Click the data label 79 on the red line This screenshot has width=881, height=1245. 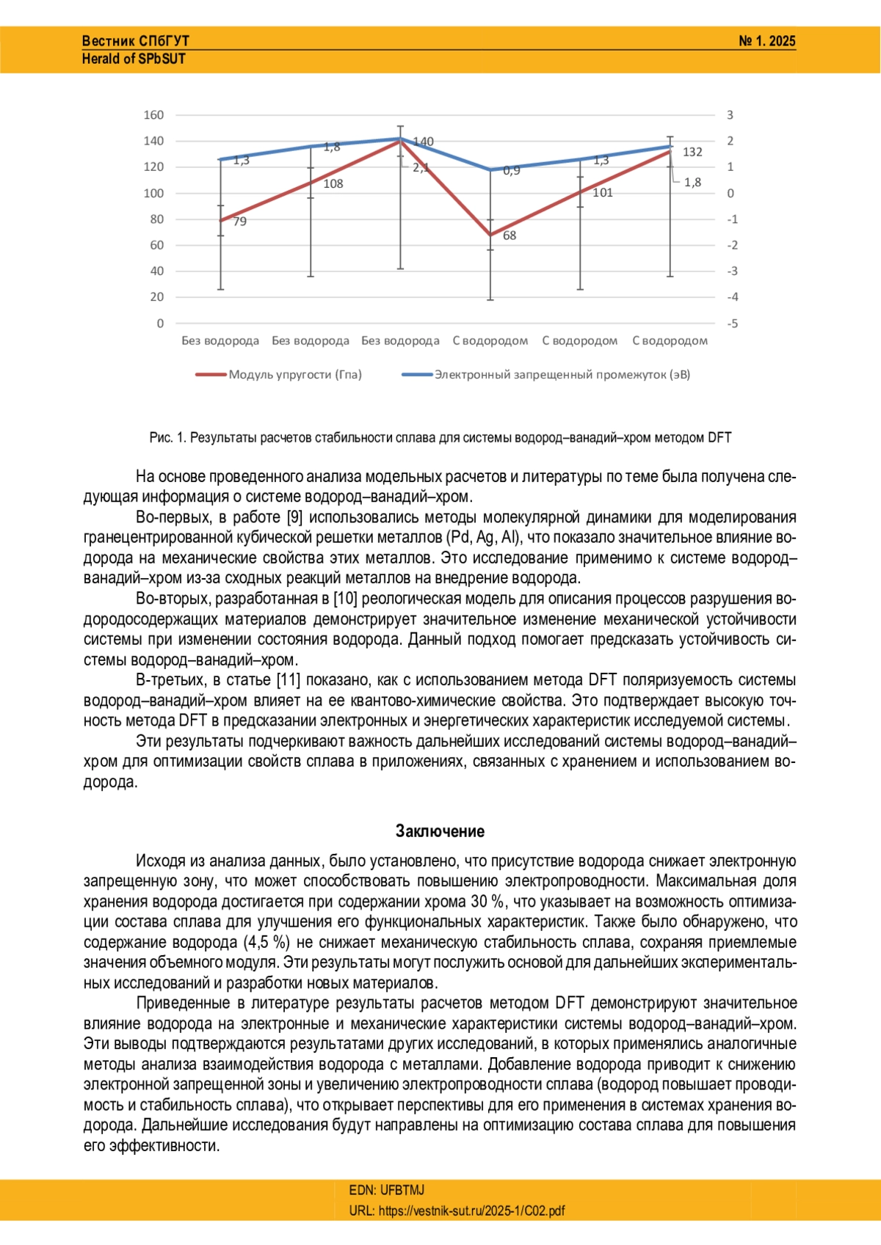[240, 222]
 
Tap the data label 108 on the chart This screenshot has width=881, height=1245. [333, 184]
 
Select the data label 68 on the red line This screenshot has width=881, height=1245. [510, 236]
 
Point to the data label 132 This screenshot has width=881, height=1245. [692, 152]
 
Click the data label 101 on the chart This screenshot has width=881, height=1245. [603, 193]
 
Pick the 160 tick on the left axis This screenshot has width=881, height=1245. [153, 115]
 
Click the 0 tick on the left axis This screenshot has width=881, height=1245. [160, 324]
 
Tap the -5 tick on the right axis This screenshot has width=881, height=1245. [732, 324]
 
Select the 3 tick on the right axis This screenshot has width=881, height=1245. [730, 115]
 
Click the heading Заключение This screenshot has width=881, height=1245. [440, 831]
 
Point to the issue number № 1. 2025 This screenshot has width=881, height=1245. [766, 41]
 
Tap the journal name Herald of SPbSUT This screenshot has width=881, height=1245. [134, 59]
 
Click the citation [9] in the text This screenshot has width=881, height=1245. [294, 517]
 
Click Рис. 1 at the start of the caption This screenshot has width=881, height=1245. [167, 438]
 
